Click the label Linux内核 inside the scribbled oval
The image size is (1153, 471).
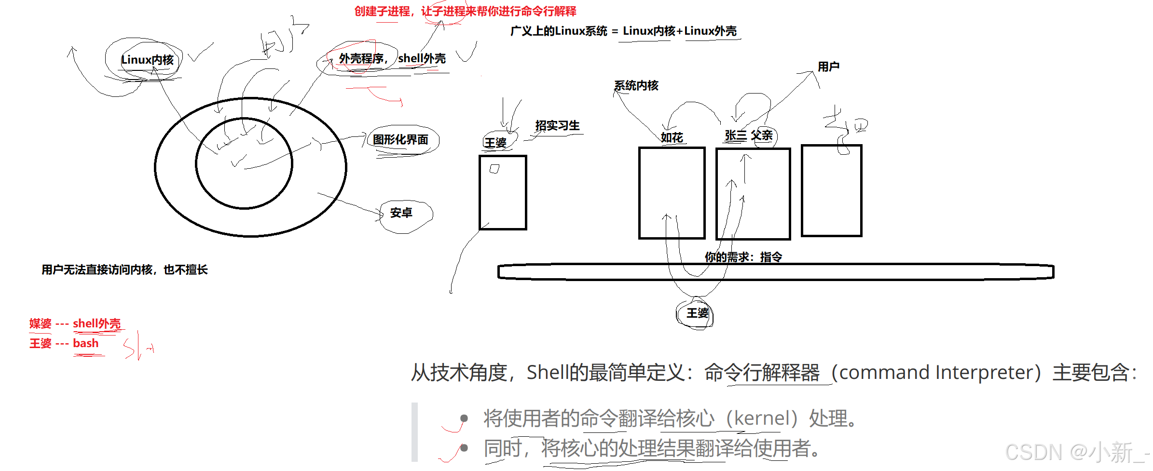point(147,60)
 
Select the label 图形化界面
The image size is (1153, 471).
point(400,140)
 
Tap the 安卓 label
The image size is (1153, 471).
point(401,213)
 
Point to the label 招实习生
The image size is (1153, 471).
point(557,126)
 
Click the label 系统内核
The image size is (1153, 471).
point(636,86)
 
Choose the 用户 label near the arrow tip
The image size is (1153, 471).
point(828,67)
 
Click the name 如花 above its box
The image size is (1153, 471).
point(672,138)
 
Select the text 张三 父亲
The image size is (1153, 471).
point(748,135)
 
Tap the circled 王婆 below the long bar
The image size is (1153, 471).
point(697,313)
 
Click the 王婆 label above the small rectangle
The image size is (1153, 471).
point(495,143)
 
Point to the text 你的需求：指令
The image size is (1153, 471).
point(743,257)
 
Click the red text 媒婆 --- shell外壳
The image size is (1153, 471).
point(75,323)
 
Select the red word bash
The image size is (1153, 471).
point(86,343)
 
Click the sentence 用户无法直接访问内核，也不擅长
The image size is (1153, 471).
point(124,269)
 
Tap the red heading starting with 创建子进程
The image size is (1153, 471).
point(465,11)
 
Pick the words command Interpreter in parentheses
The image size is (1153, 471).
point(936,372)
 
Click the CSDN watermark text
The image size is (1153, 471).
point(1076,453)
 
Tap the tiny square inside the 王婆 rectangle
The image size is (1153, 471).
point(494,169)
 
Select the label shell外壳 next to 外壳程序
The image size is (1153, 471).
point(422,59)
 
